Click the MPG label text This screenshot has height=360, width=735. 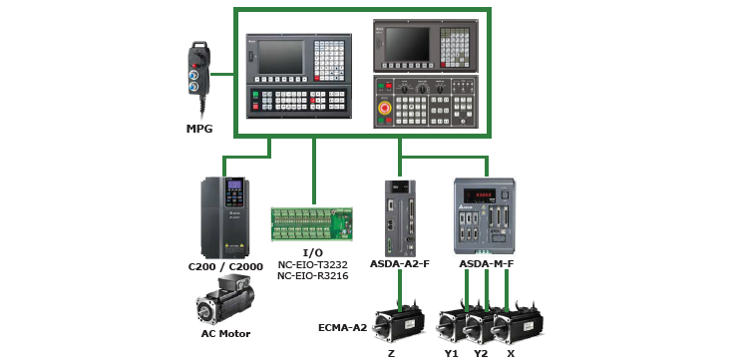coord(199,128)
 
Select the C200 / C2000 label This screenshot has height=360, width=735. coord(225,266)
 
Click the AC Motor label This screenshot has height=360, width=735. coord(225,334)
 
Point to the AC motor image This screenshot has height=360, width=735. coord(225,300)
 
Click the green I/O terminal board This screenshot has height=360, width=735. coord(311,224)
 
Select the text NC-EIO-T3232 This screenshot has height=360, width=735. coord(313,265)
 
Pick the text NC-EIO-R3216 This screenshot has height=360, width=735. coord(313,275)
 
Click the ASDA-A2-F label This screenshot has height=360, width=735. coord(400,263)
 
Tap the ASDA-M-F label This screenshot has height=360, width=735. coord(486,263)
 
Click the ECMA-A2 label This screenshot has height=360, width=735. coord(343,327)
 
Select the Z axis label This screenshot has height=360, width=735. coord(391,353)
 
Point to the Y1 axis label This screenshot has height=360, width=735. coord(451,353)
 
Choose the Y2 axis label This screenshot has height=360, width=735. coord(481,353)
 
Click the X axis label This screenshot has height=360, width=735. coord(511,353)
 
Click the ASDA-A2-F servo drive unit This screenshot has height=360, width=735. coord(400,217)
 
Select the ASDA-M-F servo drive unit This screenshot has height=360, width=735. coord(485,215)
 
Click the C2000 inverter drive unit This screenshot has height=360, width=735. coord(225,217)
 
